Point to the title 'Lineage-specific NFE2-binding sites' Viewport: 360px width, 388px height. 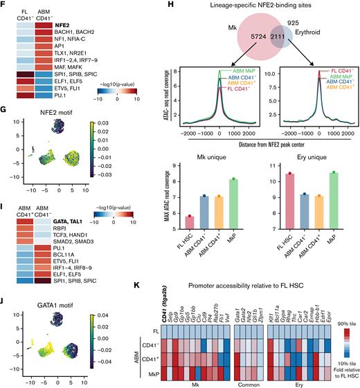tap(256, 6)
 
